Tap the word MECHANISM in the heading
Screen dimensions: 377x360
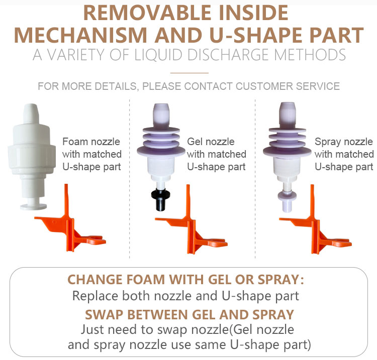coord(80,35)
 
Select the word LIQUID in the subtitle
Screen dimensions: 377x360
coord(158,55)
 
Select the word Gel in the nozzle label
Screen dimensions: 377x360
coord(194,142)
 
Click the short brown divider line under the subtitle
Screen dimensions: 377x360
coord(189,72)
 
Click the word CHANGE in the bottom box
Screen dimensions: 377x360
coord(95,280)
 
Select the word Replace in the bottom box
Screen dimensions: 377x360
coord(95,296)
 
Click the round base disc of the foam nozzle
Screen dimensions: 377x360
coord(33,206)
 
